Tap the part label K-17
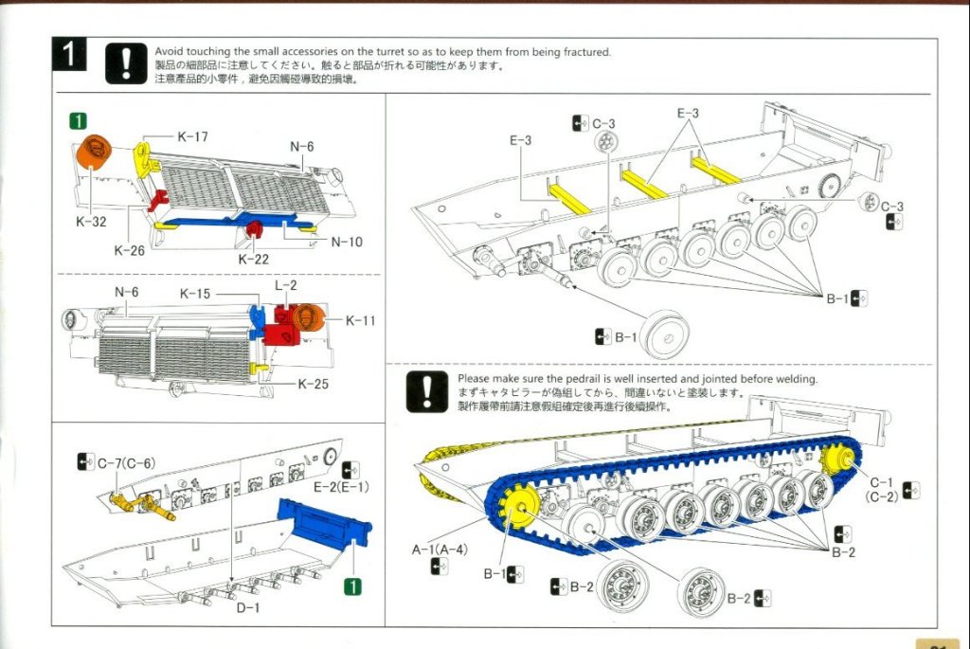coord(192,136)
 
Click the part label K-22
coord(254,259)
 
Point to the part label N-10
coord(347,242)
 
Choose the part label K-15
coord(195,294)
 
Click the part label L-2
coord(285,285)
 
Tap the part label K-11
coord(360,321)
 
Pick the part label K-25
coord(314,384)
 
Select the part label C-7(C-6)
coord(126,462)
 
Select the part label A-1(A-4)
coord(438,549)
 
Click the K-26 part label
coord(130,250)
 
